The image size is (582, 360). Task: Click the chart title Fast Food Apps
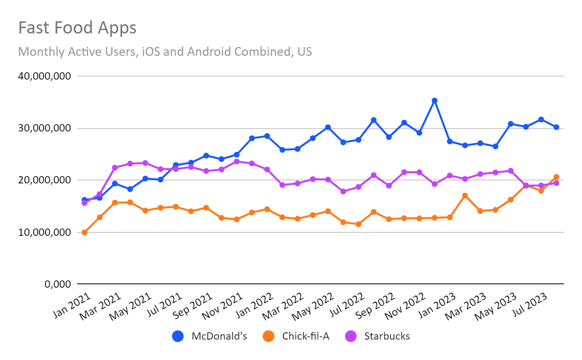click(77, 28)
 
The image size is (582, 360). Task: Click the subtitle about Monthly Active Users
click(165, 51)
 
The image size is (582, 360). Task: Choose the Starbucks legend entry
click(378, 336)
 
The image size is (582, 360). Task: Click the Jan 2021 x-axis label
click(70, 303)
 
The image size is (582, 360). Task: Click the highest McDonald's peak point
click(435, 100)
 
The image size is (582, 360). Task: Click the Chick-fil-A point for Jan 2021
click(84, 232)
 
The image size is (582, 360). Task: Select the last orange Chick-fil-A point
click(556, 177)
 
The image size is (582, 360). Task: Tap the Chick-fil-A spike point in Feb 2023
click(465, 196)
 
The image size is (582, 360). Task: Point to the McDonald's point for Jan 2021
click(84, 200)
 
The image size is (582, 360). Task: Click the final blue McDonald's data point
click(556, 127)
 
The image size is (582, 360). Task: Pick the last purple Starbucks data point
click(556, 183)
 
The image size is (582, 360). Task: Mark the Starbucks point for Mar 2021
click(115, 168)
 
